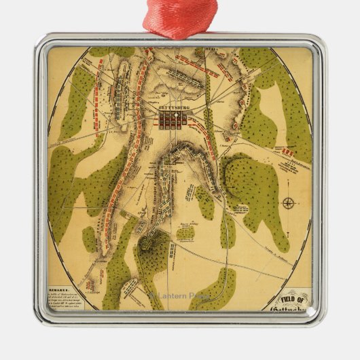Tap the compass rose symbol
289,203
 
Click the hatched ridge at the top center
180,75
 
